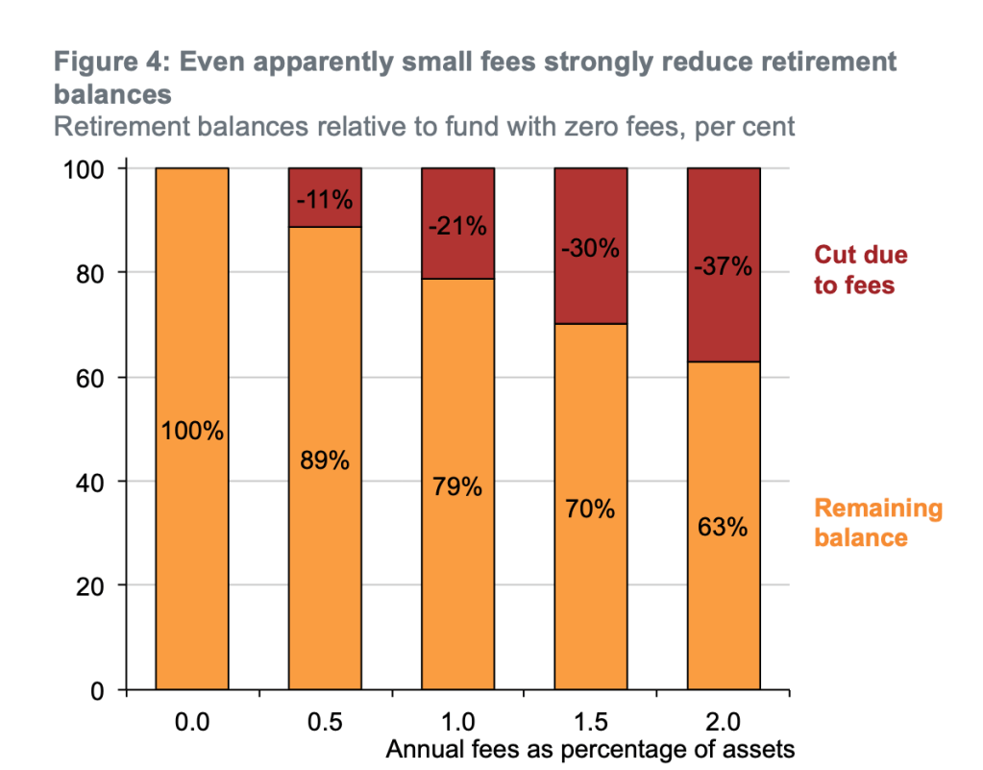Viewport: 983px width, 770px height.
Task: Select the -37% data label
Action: click(723, 266)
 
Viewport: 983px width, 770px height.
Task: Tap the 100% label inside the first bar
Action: click(192, 432)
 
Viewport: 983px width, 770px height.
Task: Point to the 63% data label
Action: click(723, 528)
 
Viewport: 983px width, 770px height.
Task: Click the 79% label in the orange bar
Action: click(456, 487)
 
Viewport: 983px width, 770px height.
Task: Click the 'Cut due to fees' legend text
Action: click(860, 270)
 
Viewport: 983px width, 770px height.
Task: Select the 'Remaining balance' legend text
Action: click(878, 523)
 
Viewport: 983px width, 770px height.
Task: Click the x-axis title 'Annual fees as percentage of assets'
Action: click(590, 750)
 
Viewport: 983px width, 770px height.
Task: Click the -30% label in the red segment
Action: click(590, 248)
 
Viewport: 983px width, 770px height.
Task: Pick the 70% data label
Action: click(590, 509)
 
